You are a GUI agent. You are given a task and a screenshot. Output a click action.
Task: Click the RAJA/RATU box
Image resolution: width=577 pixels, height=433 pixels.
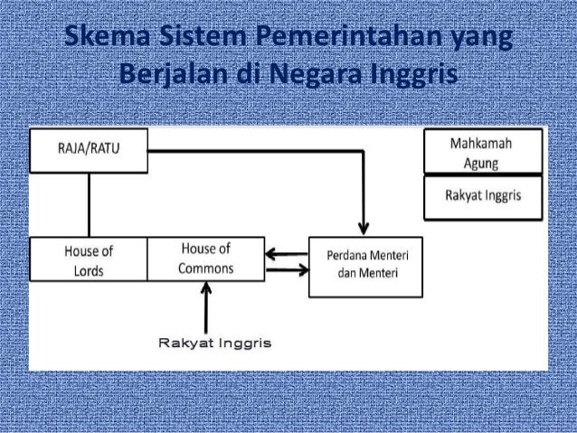point(90,150)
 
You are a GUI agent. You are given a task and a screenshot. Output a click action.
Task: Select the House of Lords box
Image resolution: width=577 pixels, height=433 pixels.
point(88,259)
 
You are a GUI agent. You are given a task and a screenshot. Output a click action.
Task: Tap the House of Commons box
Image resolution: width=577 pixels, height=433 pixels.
point(205,258)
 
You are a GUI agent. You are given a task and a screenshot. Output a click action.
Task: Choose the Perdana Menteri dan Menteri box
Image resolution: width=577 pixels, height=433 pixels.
point(365,268)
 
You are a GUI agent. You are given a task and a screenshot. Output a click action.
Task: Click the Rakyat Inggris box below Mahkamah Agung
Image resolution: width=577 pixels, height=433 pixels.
point(484,197)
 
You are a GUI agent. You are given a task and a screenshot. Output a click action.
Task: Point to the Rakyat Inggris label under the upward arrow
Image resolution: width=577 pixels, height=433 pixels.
point(214,344)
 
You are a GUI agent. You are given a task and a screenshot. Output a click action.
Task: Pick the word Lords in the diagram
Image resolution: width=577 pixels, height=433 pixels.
point(88,269)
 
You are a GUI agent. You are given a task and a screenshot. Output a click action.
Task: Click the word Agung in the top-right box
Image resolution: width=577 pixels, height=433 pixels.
point(484,163)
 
